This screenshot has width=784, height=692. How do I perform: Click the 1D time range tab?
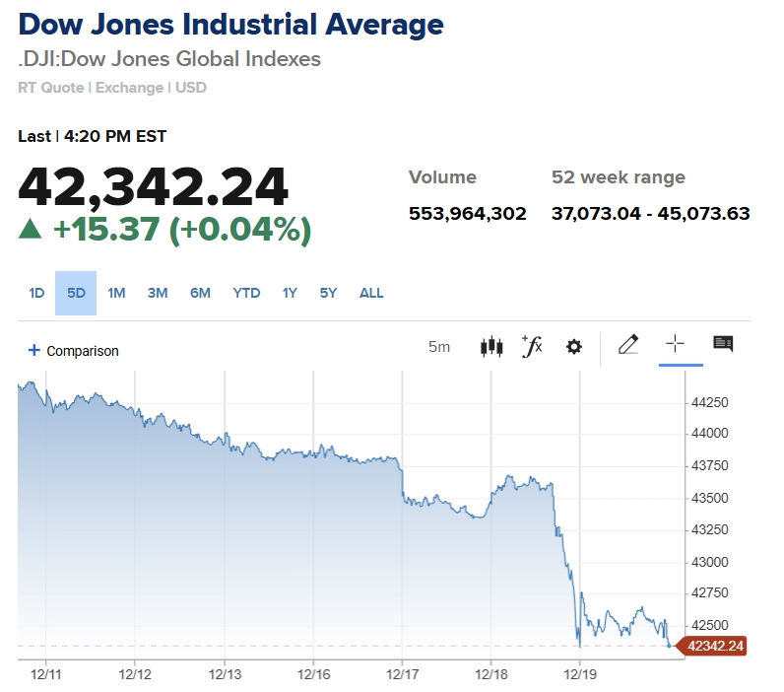36,293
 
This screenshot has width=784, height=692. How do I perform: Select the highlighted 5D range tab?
76,293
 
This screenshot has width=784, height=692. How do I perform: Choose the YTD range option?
246,293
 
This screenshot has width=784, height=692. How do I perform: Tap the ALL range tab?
371,293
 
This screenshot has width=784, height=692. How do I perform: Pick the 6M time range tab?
200,293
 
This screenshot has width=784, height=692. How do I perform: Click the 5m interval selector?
439,347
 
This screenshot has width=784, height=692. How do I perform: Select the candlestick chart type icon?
490,347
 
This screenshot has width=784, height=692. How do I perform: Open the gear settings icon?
574,347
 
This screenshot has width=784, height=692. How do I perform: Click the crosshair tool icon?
675,344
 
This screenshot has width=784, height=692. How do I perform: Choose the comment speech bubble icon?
723,344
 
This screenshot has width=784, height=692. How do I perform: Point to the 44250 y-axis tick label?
710,402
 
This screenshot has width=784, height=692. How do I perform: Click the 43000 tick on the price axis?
710,562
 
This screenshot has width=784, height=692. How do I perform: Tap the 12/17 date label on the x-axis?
402,674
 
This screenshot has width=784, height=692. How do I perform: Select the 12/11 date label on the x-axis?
46,674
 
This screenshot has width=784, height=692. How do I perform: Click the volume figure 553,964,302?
468,213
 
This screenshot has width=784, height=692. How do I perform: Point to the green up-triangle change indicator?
31,230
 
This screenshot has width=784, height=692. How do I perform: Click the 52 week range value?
651,213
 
